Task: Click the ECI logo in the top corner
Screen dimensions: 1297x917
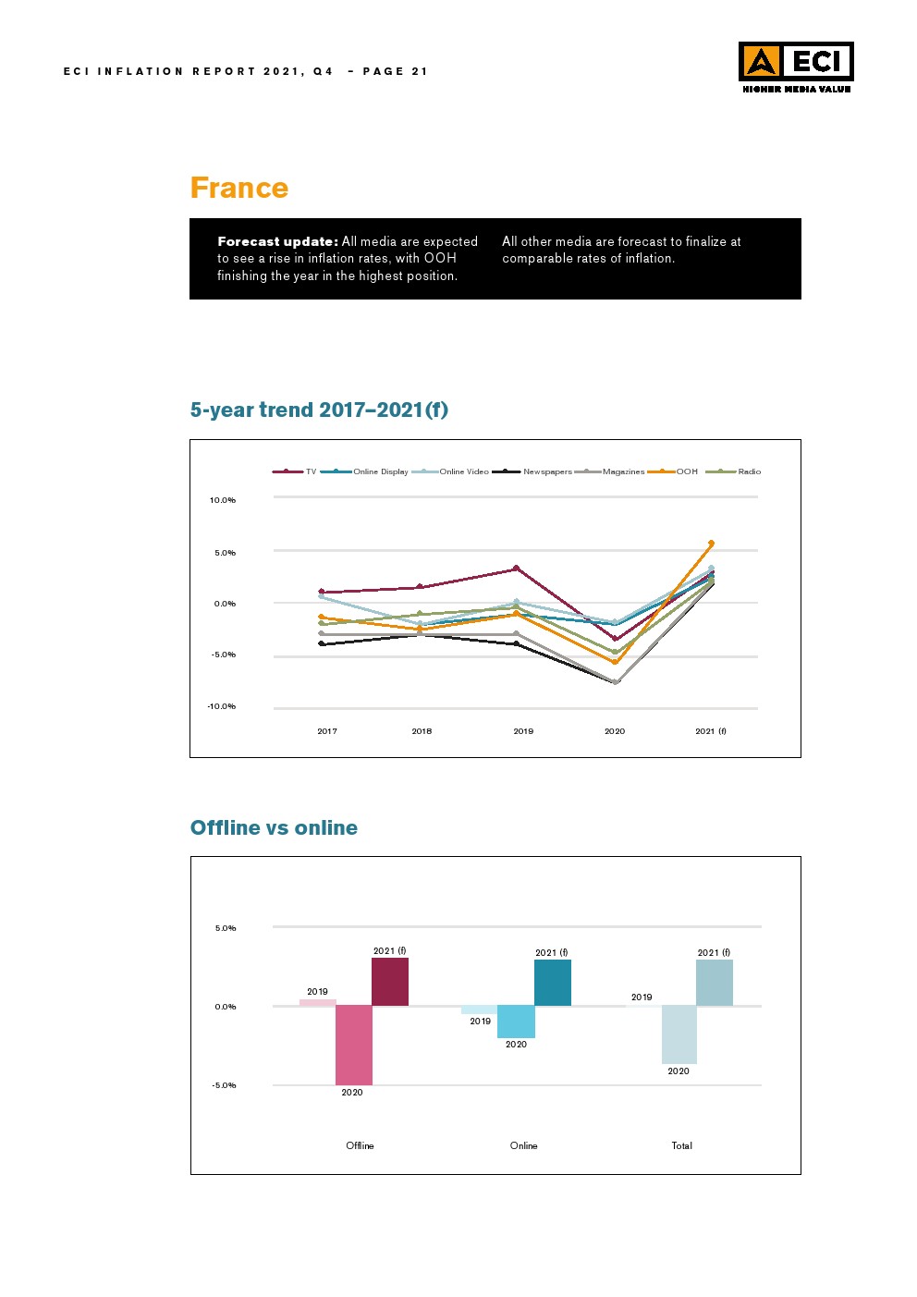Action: [796, 67]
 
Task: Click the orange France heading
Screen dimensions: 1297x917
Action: [238, 188]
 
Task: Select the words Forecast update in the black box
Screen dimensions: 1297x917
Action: [277, 241]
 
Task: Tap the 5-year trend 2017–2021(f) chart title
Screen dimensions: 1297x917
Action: [319, 410]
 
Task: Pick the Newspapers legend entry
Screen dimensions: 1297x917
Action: [546, 471]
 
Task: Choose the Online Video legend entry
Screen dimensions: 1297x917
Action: [463, 471]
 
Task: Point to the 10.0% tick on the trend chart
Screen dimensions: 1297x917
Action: [223, 500]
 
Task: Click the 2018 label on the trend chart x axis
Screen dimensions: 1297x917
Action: [422, 731]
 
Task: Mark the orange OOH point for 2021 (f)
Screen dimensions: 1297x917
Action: [711, 543]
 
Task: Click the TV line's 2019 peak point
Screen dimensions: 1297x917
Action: [516, 568]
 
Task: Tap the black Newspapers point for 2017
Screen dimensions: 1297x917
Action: [321, 643]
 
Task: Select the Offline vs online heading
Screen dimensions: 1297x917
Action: [274, 827]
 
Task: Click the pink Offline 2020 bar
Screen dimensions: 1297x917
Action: [353, 1045]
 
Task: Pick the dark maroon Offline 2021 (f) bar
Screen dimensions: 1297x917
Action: [389, 982]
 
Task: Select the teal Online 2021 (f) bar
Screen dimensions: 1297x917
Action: [552, 983]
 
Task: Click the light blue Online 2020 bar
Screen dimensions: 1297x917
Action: [516, 1022]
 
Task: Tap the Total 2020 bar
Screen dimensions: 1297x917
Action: [679, 1034]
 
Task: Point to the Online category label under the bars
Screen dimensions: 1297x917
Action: [523, 1145]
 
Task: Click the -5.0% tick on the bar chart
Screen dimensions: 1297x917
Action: [224, 1085]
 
